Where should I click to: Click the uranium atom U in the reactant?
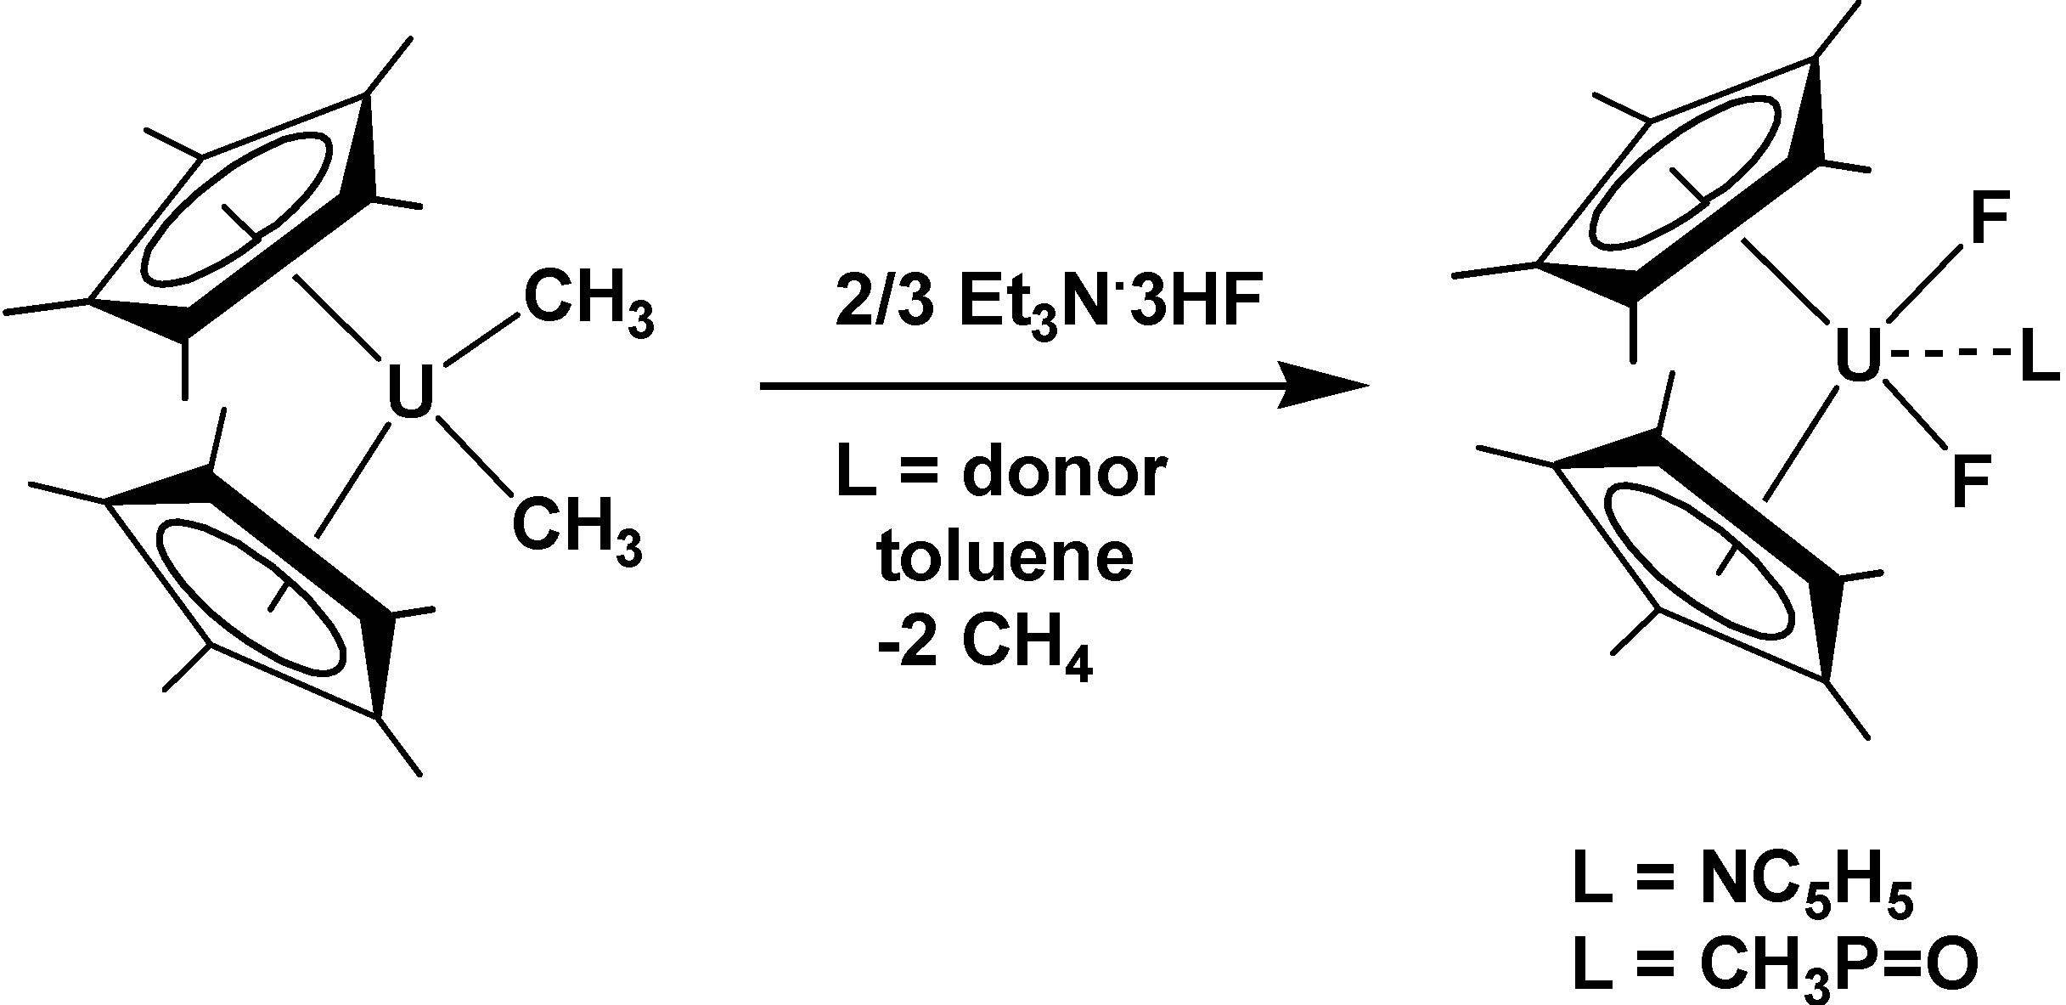[410, 393]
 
